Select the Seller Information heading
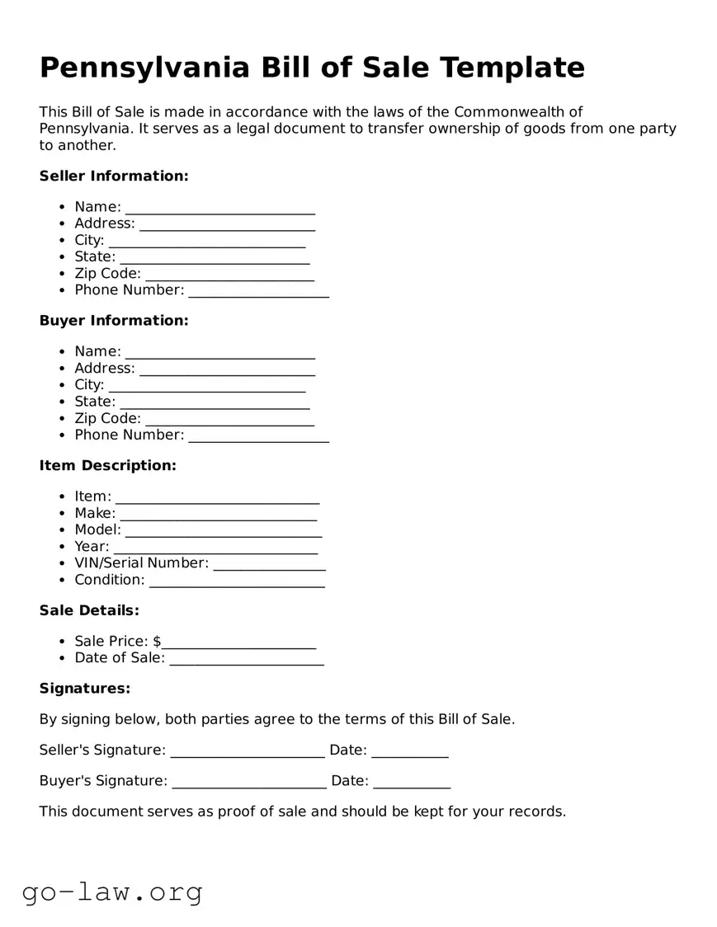tap(114, 176)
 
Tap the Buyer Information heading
tap(114, 320)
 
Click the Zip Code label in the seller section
tap(107, 273)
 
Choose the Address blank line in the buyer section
tap(227, 370)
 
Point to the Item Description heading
tap(107, 465)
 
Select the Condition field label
tap(109, 580)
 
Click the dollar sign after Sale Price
tap(157, 641)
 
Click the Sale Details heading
tap(89, 610)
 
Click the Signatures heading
tap(85, 688)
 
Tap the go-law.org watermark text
tap(112, 892)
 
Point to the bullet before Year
tap(63, 547)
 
